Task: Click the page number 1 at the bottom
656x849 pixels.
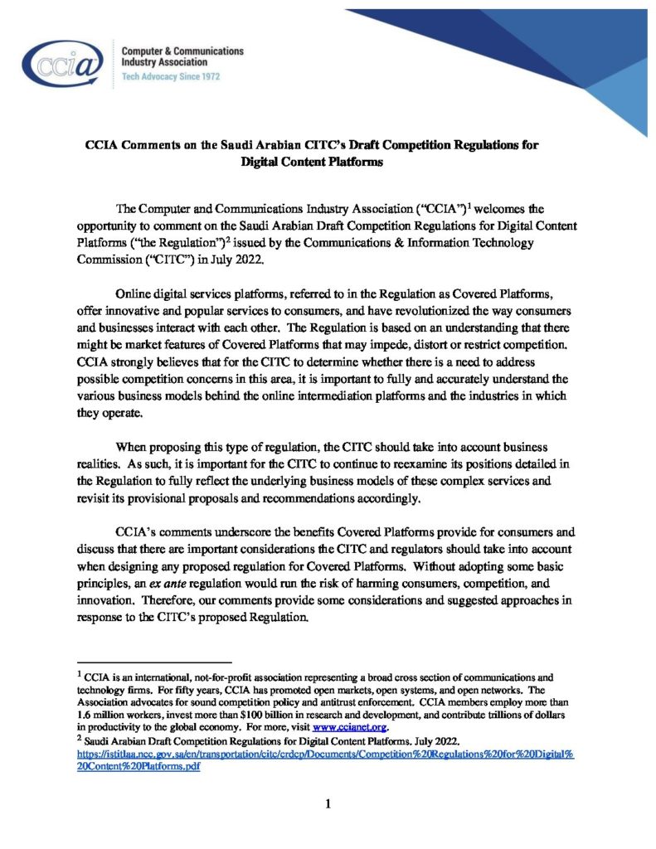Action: (328, 803)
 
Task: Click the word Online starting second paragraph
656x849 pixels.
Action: (137, 294)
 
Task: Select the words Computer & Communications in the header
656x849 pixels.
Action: (182, 51)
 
